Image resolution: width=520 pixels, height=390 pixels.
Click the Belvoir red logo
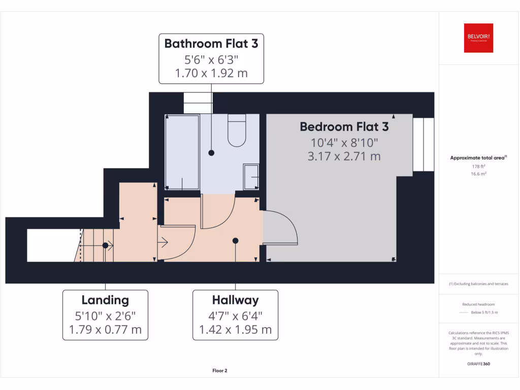coord(478,38)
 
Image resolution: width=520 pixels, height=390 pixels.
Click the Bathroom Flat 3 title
coord(211,44)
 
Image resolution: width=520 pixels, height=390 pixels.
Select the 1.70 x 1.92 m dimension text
coord(211,73)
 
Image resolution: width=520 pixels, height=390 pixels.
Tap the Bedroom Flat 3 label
coord(344,126)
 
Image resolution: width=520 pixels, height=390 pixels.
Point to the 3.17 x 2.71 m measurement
coord(344,156)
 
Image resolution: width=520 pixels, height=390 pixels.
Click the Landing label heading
coord(105,300)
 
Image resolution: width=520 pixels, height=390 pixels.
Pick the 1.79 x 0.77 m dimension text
coord(105,330)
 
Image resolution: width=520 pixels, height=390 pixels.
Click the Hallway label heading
coord(235,300)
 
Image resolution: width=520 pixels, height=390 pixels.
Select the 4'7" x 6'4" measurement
coord(235,315)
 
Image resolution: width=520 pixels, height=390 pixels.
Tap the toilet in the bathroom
coord(237,132)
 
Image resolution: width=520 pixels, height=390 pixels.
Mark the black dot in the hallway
coord(236,241)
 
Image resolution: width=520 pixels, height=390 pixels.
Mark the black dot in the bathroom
coord(211,152)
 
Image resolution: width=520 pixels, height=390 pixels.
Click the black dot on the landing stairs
coord(105,245)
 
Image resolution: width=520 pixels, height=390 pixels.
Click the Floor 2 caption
coord(219,371)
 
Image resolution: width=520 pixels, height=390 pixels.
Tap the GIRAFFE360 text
coord(478,364)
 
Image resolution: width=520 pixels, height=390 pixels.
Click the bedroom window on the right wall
coord(424,145)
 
